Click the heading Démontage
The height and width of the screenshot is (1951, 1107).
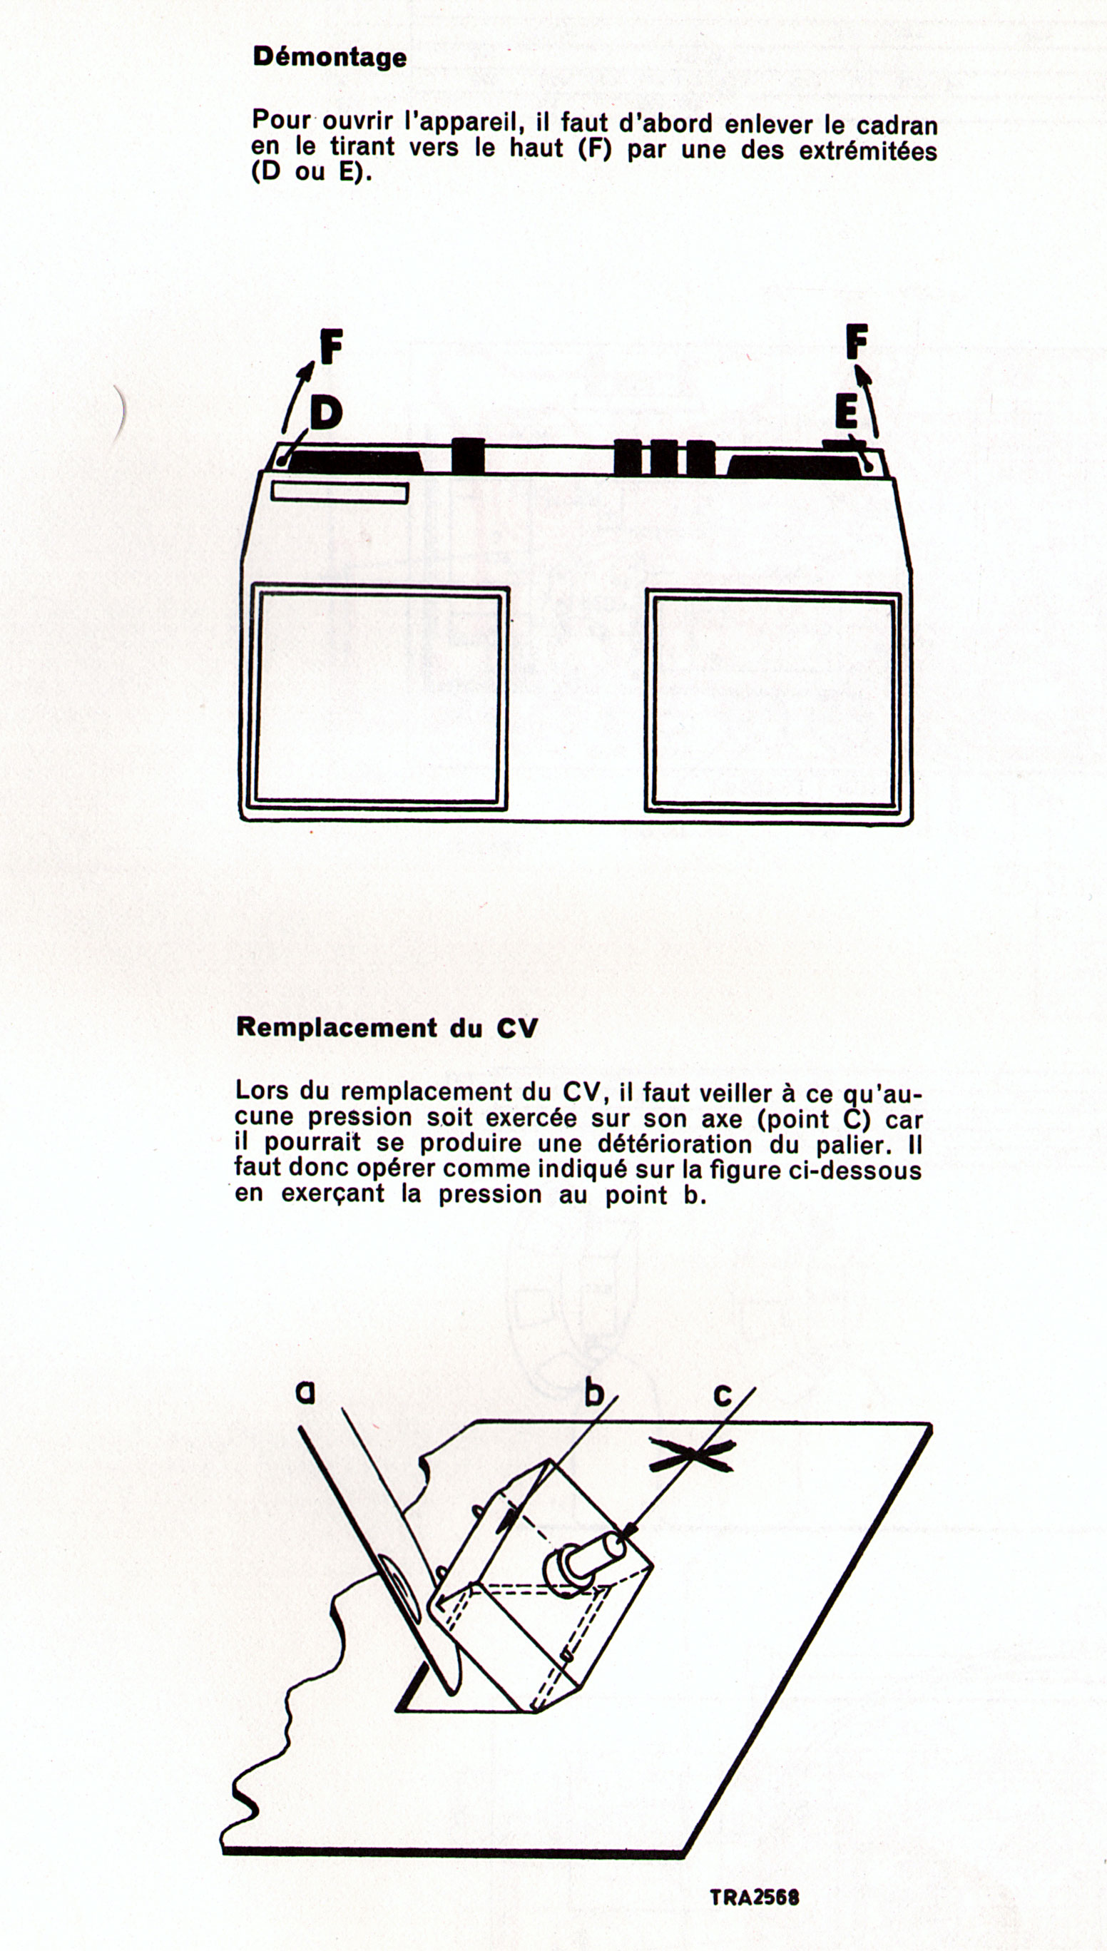pos(330,57)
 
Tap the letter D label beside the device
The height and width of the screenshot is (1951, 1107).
pos(325,414)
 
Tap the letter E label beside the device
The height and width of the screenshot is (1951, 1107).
pos(845,414)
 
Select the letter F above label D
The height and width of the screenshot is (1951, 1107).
pos(331,348)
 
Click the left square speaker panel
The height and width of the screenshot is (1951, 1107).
pos(378,697)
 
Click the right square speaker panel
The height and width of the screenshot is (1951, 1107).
pos(772,701)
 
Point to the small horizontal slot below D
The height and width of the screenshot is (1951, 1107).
pos(340,493)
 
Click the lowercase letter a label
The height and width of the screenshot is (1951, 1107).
pos(305,1392)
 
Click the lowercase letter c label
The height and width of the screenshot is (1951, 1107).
pos(723,1394)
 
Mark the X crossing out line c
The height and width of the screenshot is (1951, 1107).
pos(691,1455)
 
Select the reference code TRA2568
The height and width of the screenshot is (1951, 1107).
pos(754,1897)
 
